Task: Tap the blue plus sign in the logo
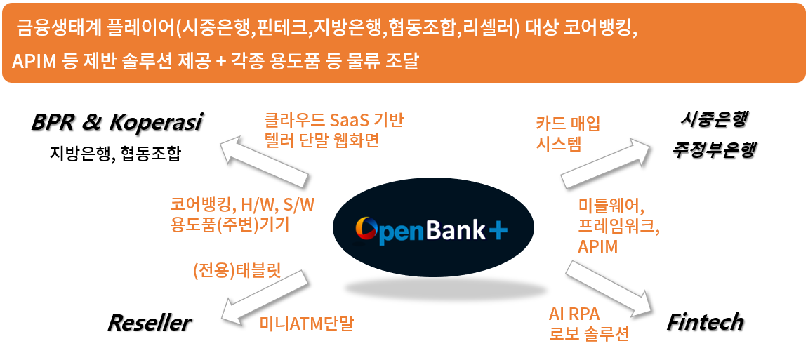pyautogui.click(x=497, y=229)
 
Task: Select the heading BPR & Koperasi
pyautogui.click(x=117, y=122)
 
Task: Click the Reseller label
pyautogui.click(x=149, y=323)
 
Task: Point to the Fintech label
pyautogui.click(x=704, y=322)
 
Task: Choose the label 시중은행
pyautogui.click(x=713, y=120)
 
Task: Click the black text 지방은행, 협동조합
pyautogui.click(x=115, y=153)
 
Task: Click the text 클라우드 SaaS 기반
pyautogui.click(x=333, y=120)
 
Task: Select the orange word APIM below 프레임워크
pyautogui.click(x=597, y=246)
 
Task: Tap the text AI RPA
pyautogui.click(x=574, y=314)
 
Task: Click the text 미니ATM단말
pyautogui.click(x=306, y=324)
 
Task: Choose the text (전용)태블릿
pyautogui.click(x=237, y=271)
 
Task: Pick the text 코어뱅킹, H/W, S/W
pyautogui.click(x=242, y=204)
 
